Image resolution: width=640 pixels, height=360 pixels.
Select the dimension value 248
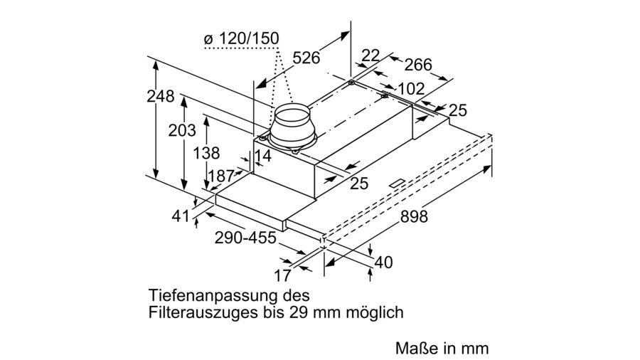[161, 97]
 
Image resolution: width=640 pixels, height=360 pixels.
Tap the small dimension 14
[262, 156]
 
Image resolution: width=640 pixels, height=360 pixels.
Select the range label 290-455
[245, 238]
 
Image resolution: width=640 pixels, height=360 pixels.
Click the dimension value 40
[383, 263]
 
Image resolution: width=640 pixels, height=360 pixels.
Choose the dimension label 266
[418, 65]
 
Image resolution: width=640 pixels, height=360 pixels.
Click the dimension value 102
[410, 89]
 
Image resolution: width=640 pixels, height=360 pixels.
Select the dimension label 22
[370, 55]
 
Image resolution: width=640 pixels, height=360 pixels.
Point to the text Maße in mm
[442, 349]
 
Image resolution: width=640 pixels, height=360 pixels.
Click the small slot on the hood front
[396, 184]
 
